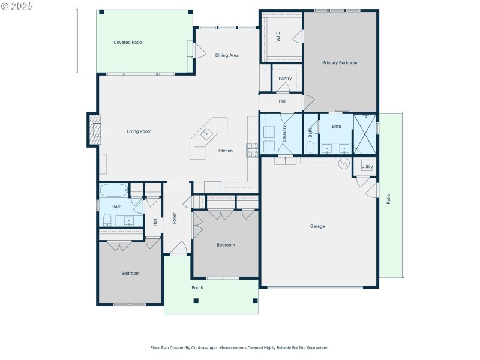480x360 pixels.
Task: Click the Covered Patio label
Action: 127,42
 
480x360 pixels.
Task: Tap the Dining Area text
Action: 227,55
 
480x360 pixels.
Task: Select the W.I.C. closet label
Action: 280,36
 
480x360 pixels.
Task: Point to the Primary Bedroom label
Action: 340,62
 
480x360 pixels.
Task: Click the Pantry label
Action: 285,79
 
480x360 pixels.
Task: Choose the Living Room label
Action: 139,131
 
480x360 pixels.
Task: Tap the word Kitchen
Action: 225,151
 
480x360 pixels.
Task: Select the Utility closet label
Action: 367,166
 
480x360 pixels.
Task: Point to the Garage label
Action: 317,226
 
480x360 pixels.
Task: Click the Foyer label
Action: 175,218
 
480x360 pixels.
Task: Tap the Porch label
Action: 197,288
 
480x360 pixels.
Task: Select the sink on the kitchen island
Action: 208,133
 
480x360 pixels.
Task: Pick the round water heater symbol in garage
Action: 344,163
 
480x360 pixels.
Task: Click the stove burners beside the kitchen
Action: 251,149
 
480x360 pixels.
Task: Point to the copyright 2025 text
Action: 17,5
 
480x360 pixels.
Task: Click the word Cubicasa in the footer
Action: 206,347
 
